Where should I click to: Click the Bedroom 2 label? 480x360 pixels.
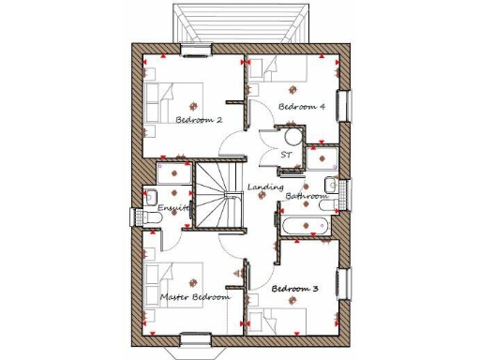point(199,120)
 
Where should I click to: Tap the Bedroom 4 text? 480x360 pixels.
point(302,108)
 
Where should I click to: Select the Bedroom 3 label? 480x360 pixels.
point(293,289)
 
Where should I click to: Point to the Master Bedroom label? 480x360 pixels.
point(194,297)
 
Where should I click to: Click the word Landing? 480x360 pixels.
point(265,188)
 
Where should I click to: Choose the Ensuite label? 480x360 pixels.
point(174,207)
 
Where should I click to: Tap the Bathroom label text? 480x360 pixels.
point(307,197)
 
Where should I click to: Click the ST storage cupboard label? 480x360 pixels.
point(286,154)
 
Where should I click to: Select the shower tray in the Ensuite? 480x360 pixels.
point(173,176)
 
